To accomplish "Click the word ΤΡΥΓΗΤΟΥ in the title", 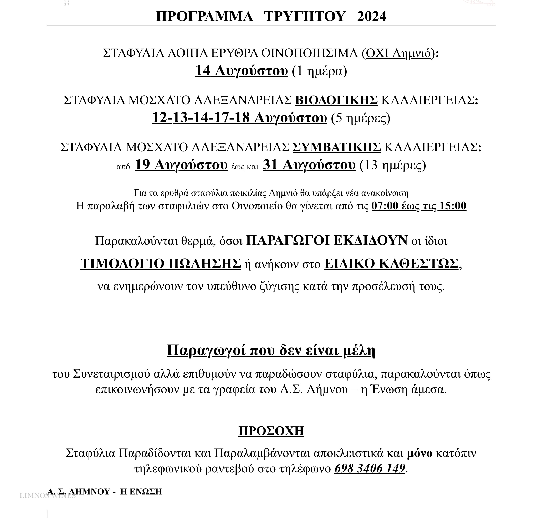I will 305,16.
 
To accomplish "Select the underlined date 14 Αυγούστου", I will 241,71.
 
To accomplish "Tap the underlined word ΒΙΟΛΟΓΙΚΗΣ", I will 336,100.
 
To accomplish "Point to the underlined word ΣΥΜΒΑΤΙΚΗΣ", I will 336,147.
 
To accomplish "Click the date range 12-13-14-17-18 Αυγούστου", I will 239,118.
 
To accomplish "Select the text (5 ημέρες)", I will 360,118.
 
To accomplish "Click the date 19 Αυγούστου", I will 181,165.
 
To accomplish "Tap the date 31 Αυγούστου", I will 309,165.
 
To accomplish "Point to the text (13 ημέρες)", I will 393,166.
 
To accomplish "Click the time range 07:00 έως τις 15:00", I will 419,206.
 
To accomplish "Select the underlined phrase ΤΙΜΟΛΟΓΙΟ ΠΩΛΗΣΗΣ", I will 161,264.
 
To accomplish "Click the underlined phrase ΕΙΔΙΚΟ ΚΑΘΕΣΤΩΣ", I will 391,264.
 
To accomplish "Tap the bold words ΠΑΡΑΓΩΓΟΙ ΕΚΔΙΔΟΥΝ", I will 327,240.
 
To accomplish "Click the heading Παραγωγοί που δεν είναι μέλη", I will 271,351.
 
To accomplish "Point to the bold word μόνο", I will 419,453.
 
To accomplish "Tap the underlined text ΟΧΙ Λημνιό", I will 398,53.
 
